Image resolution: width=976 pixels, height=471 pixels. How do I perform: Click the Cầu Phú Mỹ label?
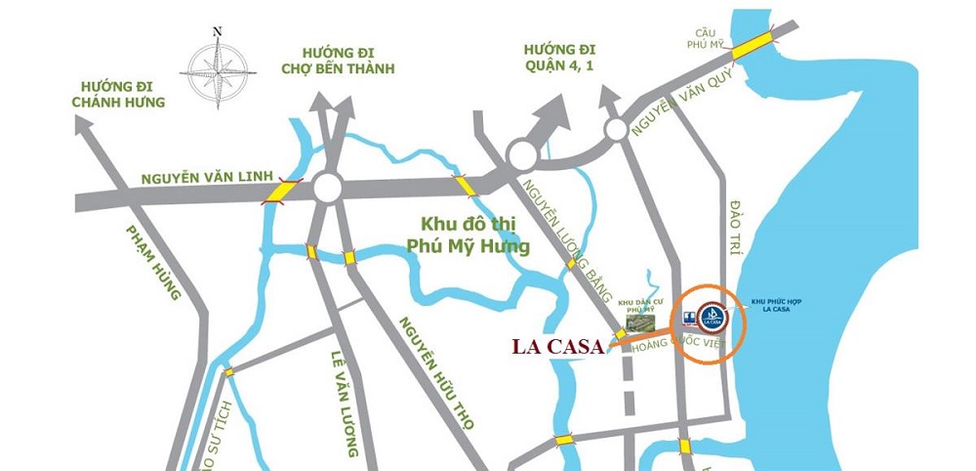click(x=706, y=37)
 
